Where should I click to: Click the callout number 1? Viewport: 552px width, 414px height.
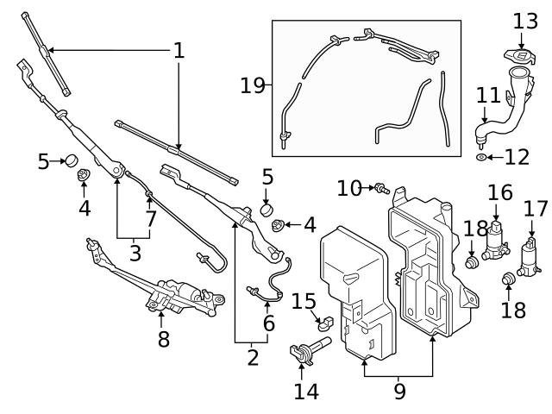(179, 50)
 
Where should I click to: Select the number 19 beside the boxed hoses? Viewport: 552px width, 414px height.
(254, 85)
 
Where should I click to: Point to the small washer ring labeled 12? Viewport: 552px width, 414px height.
(480, 159)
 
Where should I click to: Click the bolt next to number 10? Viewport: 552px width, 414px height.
(380, 187)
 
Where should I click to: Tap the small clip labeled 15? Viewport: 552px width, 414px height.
(324, 325)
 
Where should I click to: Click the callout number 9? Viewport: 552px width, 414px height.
(399, 391)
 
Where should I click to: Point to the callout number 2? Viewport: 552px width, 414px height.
(252, 357)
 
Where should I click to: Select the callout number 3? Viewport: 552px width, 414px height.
(135, 253)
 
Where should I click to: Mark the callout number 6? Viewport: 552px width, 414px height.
(268, 323)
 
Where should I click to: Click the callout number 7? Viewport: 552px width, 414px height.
(151, 219)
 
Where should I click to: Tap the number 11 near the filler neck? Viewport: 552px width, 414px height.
(488, 94)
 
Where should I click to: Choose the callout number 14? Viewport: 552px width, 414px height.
(305, 391)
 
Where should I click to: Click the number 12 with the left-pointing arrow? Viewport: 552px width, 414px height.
(517, 158)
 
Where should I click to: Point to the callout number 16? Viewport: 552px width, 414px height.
(499, 192)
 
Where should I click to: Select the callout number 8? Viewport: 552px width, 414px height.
(163, 339)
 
